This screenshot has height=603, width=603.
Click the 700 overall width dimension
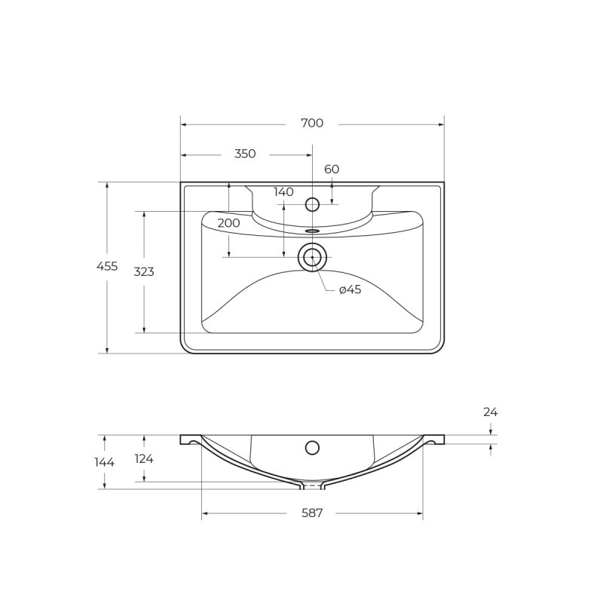pyautogui.click(x=312, y=123)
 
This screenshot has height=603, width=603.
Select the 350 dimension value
pyautogui.click(x=245, y=154)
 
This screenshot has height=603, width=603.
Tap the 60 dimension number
pyautogui.click(x=332, y=169)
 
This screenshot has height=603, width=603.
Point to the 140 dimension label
pyautogui.click(x=283, y=192)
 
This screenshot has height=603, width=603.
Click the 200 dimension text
pyautogui.click(x=228, y=223)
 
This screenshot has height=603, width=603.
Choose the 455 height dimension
pyautogui.click(x=107, y=266)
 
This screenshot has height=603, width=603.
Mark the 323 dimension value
pyautogui.click(x=144, y=271)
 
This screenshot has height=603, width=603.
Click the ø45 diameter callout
pyautogui.click(x=350, y=289)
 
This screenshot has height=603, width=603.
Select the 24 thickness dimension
pyautogui.click(x=491, y=412)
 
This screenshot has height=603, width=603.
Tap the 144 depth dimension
pyautogui.click(x=106, y=462)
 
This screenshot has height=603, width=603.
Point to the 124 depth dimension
pyautogui.click(x=144, y=458)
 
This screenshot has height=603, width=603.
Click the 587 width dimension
pyautogui.click(x=312, y=513)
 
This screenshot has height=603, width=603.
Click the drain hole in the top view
pyautogui.click(x=312, y=258)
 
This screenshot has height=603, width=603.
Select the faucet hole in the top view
pyautogui.click(x=312, y=204)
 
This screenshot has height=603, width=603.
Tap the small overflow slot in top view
pyautogui.click(x=313, y=231)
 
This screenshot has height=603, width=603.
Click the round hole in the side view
pyautogui.click(x=312, y=448)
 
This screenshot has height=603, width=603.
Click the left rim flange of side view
pyautogui.click(x=189, y=439)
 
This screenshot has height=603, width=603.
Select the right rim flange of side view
pyautogui.click(x=435, y=439)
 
